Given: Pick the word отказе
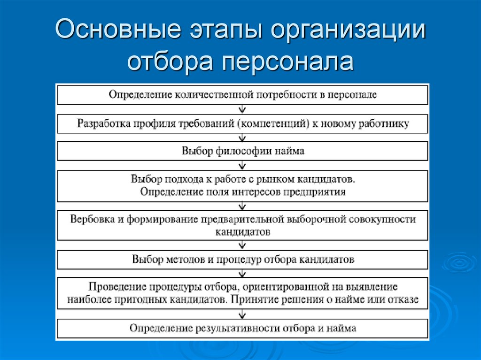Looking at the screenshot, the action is coord(403,299).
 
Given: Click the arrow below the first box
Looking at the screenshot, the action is coord(242,109).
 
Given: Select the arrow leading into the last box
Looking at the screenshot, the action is coord(242,314).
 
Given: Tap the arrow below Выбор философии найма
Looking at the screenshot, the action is coord(242,165).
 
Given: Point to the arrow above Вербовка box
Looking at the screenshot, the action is coord(242,206).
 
